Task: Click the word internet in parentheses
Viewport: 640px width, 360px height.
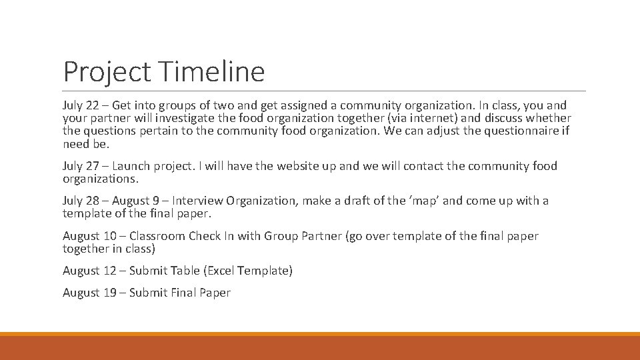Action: point(430,118)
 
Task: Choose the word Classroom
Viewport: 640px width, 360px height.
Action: point(157,235)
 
